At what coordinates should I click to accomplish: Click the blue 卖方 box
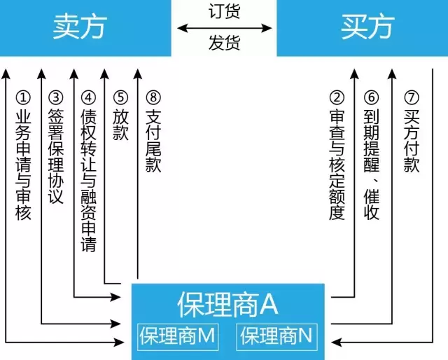pyautogui.click(x=85, y=28)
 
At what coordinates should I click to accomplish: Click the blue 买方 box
pyautogui.click(x=362, y=28)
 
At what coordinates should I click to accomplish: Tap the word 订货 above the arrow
pyautogui.click(x=224, y=13)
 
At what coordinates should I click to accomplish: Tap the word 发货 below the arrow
pyautogui.click(x=224, y=43)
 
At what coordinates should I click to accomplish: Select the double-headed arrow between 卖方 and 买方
pyautogui.click(x=224, y=28)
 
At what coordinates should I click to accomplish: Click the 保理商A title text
pyautogui.click(x=228, y=305)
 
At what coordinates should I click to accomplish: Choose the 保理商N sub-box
pyautogui.click(x=276, y=337)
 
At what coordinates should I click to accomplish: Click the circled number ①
pyautogui.click(x=23, y=97)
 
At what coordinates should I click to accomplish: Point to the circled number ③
pyautogui.click(x=56, y=97)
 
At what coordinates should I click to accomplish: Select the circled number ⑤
pyautogui.click(x=120, y=97)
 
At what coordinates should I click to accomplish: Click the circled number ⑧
pyautogui.click(x=153, y=97)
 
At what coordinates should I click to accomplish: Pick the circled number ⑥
pyautogui.click(x=372, y=97)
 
